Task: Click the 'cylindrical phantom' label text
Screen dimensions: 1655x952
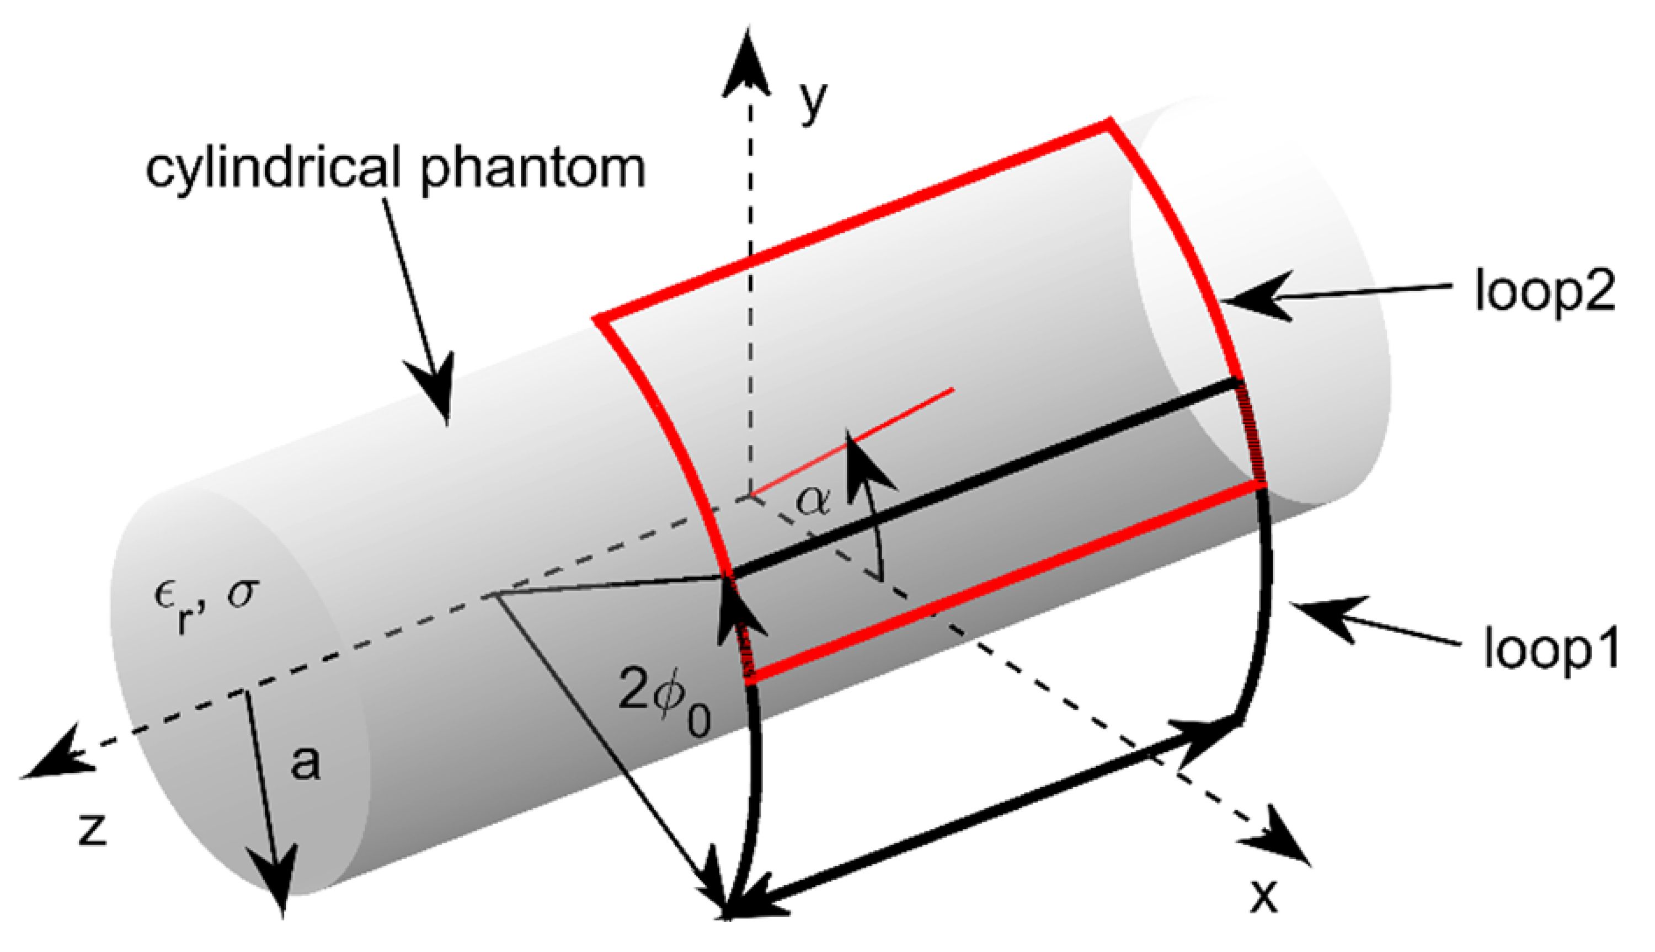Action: coord(395,168)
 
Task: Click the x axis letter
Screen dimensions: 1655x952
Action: coord(1263,896)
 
